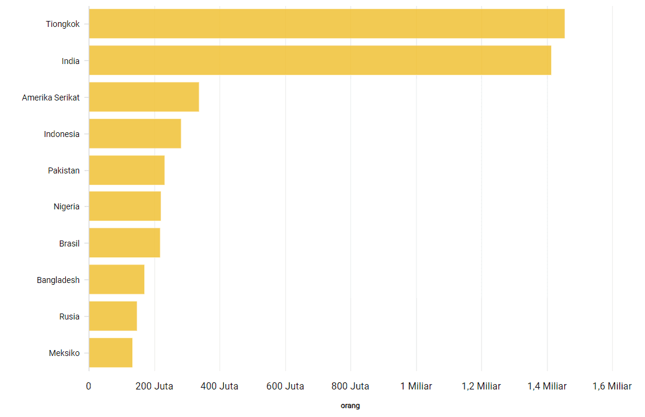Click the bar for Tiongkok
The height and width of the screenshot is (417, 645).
pos(326,24)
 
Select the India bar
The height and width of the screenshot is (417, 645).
pos(320,60)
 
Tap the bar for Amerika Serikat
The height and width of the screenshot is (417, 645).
pos(144,97)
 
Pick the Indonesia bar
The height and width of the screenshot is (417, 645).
pos(135,134)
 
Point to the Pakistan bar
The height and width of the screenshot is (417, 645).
pos(126,171)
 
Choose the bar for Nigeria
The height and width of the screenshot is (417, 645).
pos(124,206)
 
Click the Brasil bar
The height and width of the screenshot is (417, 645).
pos(124,243)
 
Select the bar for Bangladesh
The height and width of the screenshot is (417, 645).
pos(116,279)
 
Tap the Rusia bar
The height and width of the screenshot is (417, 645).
pos(112,316)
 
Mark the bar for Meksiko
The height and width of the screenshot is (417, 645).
pos(110,352)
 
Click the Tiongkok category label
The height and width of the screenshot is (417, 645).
pos(63,25)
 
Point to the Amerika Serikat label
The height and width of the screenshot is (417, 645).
pos(51,98)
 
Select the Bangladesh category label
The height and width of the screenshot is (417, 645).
pos(58,280)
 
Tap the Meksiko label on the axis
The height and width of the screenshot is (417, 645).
pos(64,353)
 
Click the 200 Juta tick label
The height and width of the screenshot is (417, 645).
pos(154,386)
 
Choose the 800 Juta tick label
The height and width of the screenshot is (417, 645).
pos(351,386)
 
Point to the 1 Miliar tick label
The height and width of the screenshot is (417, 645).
pos(416,386)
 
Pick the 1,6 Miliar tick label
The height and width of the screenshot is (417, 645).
pos(611,386)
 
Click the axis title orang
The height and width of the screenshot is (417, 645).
pos(350,406)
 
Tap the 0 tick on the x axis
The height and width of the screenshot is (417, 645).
pos(89,386)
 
